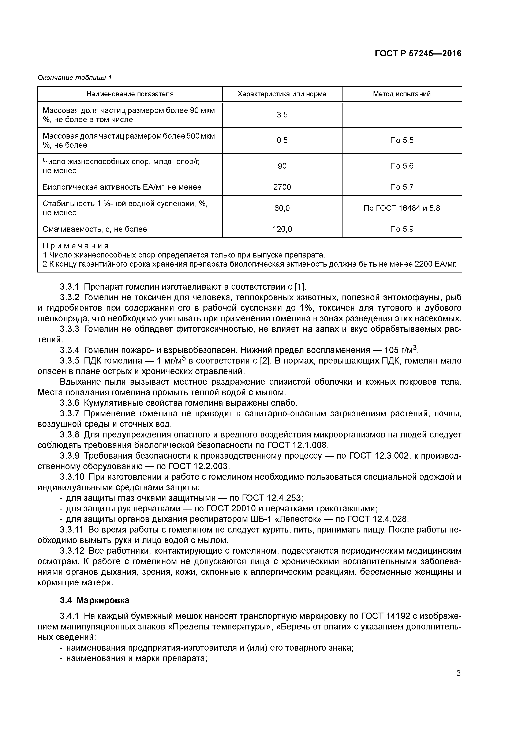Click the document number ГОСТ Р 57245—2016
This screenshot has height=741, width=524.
pos(418,54)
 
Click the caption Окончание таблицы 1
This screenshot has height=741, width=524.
pos(75,78)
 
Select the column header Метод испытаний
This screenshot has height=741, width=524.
pos(402,94)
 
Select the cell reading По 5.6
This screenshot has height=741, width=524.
pos(402,166)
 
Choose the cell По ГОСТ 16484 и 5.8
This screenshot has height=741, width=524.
pos(402,208)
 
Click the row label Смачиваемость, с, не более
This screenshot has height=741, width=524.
pos(95,229)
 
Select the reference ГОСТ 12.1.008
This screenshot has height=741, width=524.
pos(298,445)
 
